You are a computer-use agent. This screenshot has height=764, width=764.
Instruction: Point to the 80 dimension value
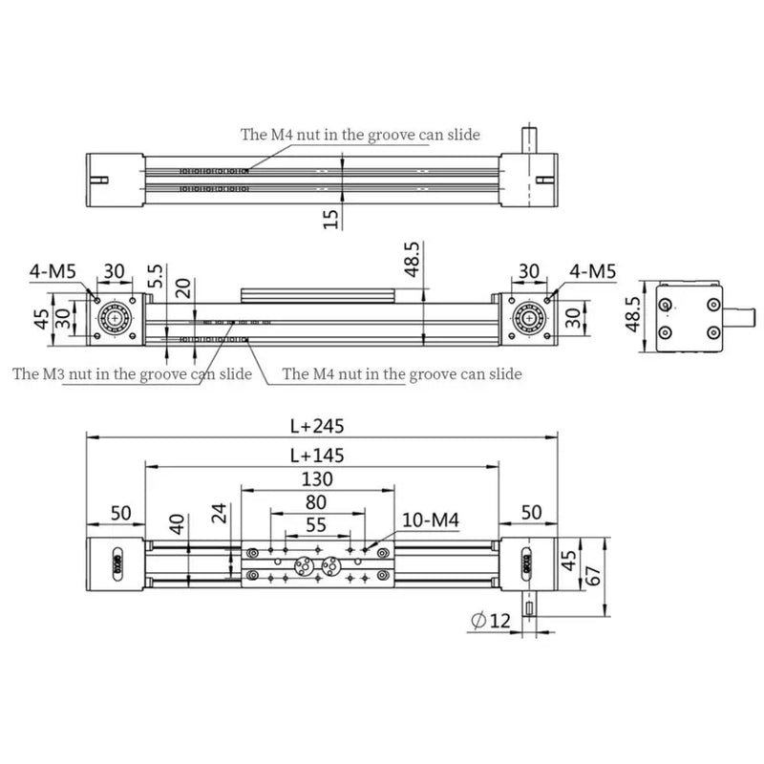316,502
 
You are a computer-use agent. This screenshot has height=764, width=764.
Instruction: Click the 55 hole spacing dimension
316,524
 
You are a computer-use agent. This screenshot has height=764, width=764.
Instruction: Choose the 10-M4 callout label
431,520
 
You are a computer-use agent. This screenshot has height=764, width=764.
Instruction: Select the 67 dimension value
594,575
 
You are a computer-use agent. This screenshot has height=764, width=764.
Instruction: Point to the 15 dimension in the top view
330,219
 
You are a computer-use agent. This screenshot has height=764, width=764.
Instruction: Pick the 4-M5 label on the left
53,271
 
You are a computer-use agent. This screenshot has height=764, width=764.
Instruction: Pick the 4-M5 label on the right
593,271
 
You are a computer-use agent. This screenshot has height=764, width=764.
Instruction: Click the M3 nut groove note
132,373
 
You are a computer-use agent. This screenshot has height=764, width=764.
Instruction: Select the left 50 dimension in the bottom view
120,513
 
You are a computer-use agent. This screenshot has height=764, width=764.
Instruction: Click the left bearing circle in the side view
115,316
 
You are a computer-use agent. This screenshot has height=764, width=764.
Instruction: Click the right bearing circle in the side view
526,316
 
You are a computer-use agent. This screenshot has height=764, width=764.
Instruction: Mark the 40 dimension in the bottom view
176,524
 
